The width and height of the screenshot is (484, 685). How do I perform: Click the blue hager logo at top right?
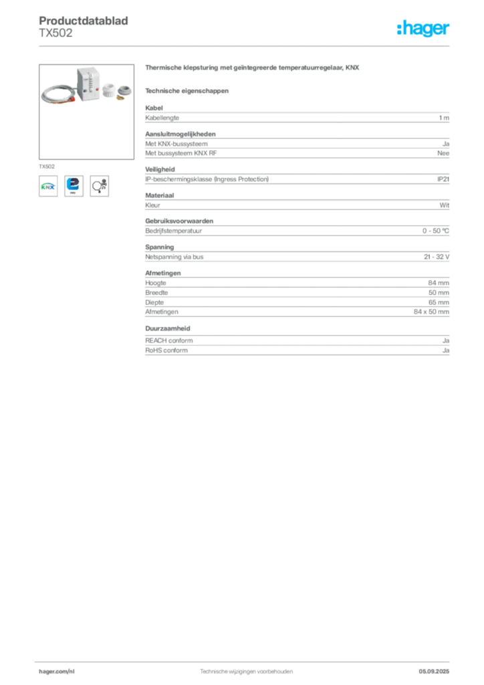coord(425,29)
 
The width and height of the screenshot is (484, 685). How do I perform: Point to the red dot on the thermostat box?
coord(94,86)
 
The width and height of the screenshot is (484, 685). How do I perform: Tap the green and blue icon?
coord(47,186)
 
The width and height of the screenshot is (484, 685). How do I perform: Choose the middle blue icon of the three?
coord(74,185)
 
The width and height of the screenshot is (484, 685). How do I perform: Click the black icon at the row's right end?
coord(99,185)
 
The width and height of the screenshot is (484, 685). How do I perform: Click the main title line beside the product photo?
coord(253,70)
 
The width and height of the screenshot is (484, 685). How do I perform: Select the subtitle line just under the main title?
coord(187,90)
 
